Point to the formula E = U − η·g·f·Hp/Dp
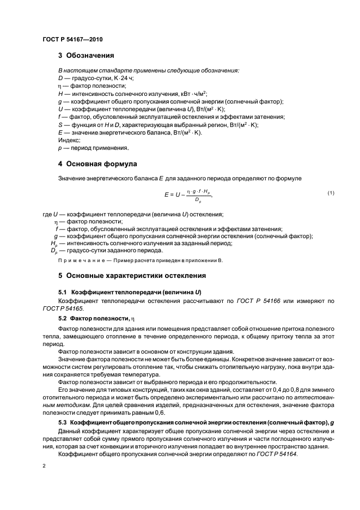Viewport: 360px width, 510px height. (x=187, y=195)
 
